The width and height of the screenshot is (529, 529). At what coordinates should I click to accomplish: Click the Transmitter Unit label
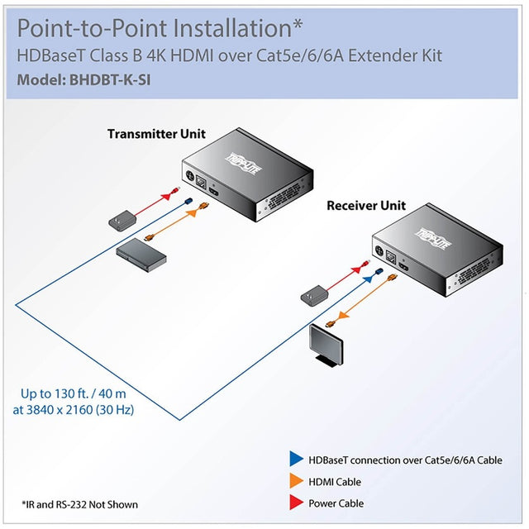pos(156,134)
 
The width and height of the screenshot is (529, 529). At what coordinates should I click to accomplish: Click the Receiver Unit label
pos(366,205)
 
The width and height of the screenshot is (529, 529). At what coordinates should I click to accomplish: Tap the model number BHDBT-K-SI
pos(108,81)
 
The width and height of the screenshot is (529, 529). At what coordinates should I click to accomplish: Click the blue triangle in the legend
pos(294,460)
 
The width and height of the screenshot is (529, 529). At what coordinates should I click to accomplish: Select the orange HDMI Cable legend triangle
pos(294,482)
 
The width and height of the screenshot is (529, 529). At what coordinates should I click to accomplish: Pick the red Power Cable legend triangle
pos(294,503)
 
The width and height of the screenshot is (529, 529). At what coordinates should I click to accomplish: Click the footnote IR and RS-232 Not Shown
pos(79,504)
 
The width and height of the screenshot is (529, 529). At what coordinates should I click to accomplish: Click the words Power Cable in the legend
pos(336,503)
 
